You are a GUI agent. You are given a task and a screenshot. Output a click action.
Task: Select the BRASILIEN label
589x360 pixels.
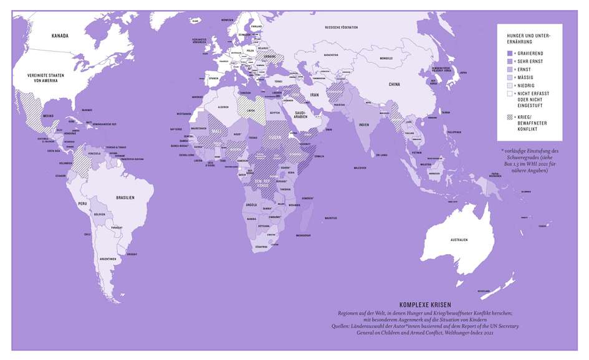click(x=125, y=197)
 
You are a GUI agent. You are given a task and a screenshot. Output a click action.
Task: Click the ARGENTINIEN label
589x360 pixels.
click(x=107, y=257)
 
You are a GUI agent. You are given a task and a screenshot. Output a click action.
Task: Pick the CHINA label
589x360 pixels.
click(x=394, y=83)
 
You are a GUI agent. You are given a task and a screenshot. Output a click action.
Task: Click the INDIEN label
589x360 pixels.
click(x=364, y=124)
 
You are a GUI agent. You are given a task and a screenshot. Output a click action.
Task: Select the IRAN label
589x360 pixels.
click(x=314, y=95)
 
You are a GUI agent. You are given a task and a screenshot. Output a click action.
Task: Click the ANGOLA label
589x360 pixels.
click(x=253, y=204)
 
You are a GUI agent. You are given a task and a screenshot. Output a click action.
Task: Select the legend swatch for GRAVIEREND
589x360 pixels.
click(x=510, y=54)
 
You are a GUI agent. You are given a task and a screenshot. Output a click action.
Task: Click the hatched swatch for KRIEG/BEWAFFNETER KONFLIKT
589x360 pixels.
click(x=510, y=116)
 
